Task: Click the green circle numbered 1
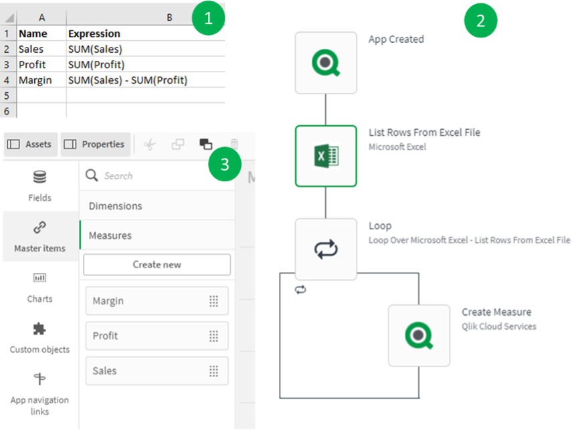pos(208,19)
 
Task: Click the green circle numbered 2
pos(480,21)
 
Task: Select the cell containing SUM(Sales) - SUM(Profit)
pos(128,80)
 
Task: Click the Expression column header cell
pos(94,33)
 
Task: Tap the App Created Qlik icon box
pos(326,63)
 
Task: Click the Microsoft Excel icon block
pos(326,156)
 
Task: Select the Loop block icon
pos(326,249)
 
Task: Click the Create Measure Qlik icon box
pos(419,336)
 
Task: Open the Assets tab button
pos(29,144)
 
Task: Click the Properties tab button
pos(95,144)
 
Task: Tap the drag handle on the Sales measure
pos(213,371)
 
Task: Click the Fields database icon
pos(39,178)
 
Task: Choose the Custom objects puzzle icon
pos(39,329)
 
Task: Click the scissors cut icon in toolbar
pos(149,144)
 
